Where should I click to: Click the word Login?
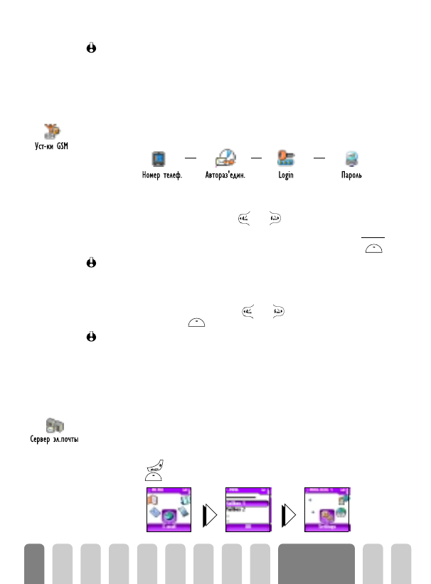tap(286, 175)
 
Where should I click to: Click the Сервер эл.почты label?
tap(58, 440)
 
